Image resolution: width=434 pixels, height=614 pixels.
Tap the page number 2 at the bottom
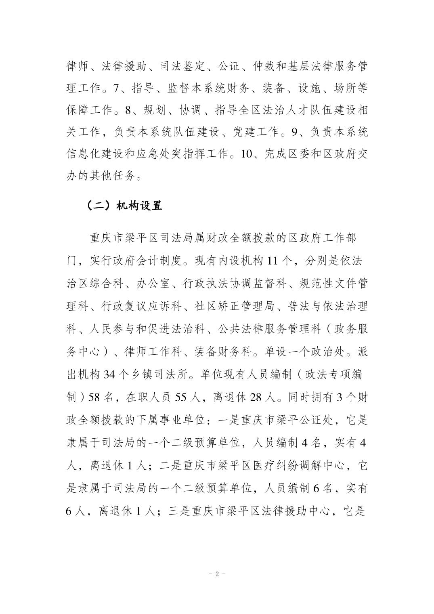(x=217, y=574)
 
